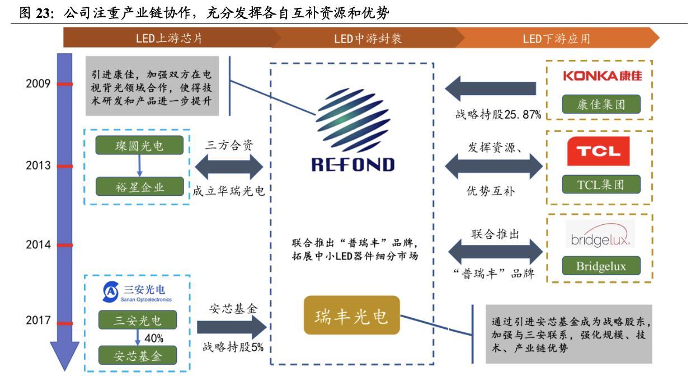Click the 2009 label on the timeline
[38, 84]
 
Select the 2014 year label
[38, 244]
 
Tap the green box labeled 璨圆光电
[139, 146]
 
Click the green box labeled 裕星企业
[139, 186]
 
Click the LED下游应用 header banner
[556, 39]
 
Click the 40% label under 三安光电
[153, 338]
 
